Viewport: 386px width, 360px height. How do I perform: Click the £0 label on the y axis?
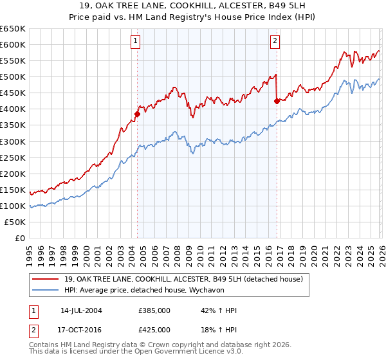tap(19, 238)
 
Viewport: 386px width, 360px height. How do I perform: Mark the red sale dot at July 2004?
tap(137, 114)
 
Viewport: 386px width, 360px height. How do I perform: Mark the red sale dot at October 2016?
tap(277, 101)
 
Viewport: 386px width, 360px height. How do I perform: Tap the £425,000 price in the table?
tap(154, 329)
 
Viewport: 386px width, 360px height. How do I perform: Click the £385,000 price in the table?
tap(154, 310)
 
